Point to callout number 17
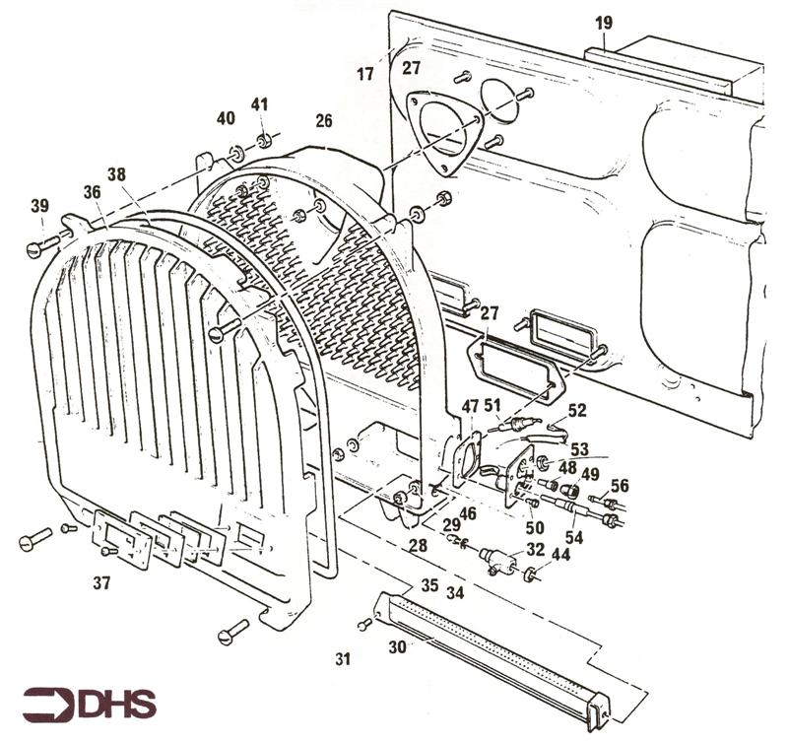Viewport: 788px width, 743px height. pyautogui.click(x=365, y=73)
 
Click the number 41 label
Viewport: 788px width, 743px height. pyautogui.click(x=259, y=104)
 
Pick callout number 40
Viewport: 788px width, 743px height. pyautogui.click(x=226, y=118)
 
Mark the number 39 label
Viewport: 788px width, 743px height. pyautogui.click(x=39, y=205)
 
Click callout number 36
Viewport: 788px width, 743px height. pyautogui.click(x=93, y=193)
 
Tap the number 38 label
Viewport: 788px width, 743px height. pyautogui.click(x=116, y=173)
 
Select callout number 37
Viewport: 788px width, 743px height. pyautogui.click(x=101, y=583)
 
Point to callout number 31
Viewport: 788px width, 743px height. pyautogui.click(x=343, y=658)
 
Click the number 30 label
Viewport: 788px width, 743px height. pyautogui.click(x=398, y=646)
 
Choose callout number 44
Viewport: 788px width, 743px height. pyautogui.click(x=559, y=557)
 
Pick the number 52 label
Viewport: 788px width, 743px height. pyautogui.click(x=577, y=410)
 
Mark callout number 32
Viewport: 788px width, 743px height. pyautogui.click(x=535, y=550)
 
